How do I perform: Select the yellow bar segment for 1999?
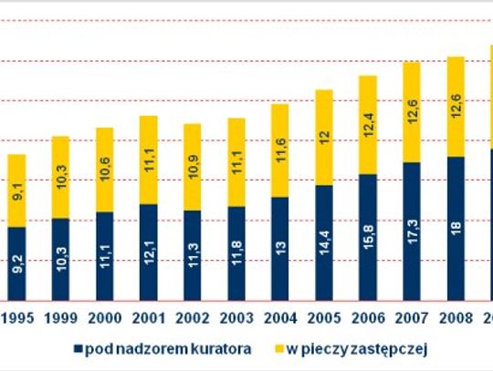tap(60, 178)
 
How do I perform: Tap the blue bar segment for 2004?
tap(279, 249)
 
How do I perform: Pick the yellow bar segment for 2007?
tap(412, 112)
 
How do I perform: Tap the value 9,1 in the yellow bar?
tap(16, 193)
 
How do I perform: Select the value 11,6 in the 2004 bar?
tap(279, 151)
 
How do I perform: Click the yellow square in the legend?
tap(278, 348)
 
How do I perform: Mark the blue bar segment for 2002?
tap(192, 256)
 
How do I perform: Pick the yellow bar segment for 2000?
tap(104, 170)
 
